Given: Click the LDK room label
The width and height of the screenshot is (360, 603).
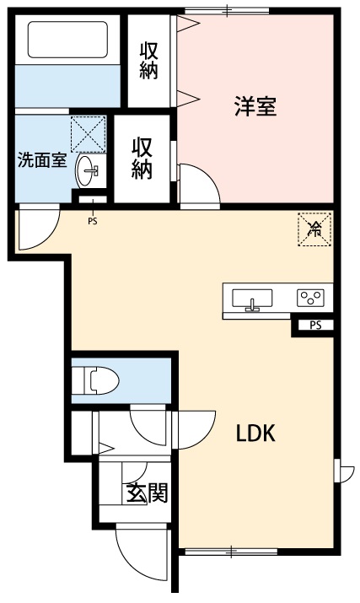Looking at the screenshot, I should point(256,433).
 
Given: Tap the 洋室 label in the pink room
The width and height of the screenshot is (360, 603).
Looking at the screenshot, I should point(255,107).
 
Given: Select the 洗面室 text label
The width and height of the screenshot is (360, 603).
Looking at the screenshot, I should point(42,160).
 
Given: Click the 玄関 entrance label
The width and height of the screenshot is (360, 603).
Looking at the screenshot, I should point(146,493).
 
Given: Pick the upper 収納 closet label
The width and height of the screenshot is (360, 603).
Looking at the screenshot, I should point(149,60).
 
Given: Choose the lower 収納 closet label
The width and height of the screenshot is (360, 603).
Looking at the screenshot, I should point(142,158).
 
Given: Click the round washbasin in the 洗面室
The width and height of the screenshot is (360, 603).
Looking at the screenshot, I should point(89,172).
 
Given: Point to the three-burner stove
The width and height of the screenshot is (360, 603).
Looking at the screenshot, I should point(309,298).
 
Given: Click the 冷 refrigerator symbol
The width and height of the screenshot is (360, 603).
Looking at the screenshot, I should point(314,229).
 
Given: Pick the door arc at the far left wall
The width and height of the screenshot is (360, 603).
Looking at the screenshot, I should point(38,229).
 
